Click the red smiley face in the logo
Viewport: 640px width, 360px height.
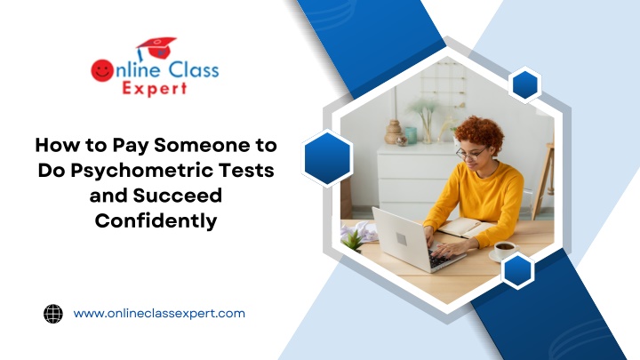[x=102, y=70]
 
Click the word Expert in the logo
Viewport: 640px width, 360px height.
[x=155, y=89]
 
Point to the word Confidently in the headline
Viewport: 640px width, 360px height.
[x=156, y=220]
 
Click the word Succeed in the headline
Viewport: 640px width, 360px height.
[x=178, y=195]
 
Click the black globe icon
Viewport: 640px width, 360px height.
[x=53, y=314]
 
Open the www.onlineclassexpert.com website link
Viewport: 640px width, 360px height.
[x=159, y=314]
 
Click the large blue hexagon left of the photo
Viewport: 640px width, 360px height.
[x=327, y=158]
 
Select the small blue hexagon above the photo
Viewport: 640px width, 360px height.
[x=525, y=85]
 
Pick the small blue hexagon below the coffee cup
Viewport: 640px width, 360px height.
[x=517, y=270]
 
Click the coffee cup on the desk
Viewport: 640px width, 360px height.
[x=505, y=250]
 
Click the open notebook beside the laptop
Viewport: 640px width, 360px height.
[x=465, y=227]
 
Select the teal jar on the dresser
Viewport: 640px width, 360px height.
[x=411, y=135]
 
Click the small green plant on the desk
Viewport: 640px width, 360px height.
[x=353, y=239]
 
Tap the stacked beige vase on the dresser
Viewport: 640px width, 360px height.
[x=394, y=132]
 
